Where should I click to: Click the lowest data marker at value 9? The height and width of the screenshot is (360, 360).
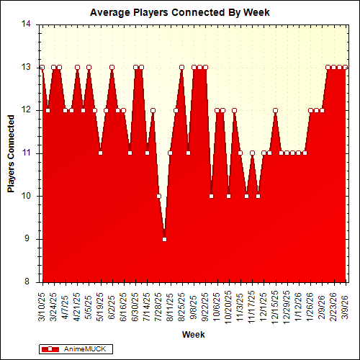[x=164, y=239]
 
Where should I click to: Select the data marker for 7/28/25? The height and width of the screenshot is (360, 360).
[x=158, y=196]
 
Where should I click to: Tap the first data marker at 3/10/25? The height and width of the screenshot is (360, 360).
[x=42, y=67]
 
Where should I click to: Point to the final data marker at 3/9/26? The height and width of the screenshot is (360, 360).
[x=346, y=67]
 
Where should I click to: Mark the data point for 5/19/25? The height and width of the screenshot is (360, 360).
[x=100, y=153]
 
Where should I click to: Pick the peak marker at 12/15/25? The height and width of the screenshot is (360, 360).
[x=275, y=110]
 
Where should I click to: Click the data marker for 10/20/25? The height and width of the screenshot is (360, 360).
[x=228, y=196]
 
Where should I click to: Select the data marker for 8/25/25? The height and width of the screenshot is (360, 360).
[x=181, y=67]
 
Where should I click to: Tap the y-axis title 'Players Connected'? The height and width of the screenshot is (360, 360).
[x=11, y=153]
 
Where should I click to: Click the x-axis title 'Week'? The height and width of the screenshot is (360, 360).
[x=192, y=335]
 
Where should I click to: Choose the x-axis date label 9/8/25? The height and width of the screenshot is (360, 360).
[x=194, y=305]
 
